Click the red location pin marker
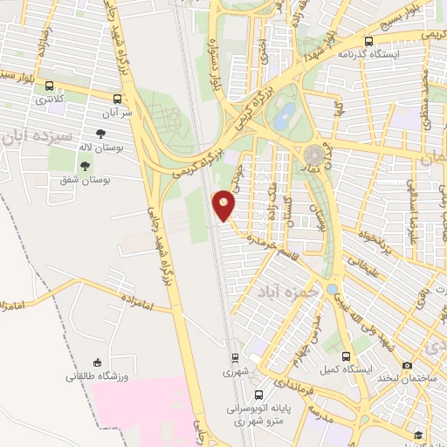pyautogui.click(x=224, y=206)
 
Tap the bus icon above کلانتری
pyautogui.click(x=49, y=86)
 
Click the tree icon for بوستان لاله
pyautogui.click(x=101, y=134)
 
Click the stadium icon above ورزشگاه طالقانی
pyautogui.click(x=98, y=363)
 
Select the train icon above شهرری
pyautogui.click(x=234, y=357)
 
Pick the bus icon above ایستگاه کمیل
pyautogui.click(x=346, y=356)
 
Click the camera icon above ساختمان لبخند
pyautogui.click(x=407, y=365)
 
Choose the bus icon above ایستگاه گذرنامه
pyautogui.click(x=369, y=40)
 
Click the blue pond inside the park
pyautogui.click(x=283, y=120)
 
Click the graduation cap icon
pyautogui.click(x=418, y=435)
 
